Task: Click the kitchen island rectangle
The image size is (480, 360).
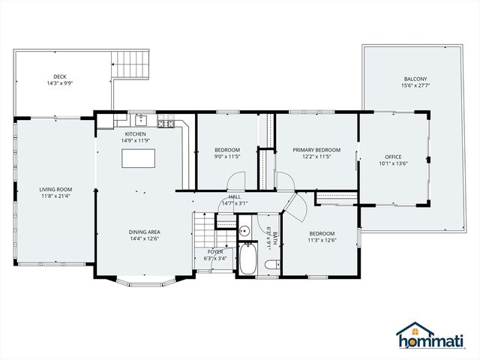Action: point(139,158)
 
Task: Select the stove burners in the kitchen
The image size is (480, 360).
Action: point(166,122)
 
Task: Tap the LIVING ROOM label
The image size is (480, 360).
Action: point(55,189)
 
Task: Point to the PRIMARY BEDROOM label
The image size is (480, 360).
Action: point(316,150)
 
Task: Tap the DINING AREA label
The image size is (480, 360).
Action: point(143,232)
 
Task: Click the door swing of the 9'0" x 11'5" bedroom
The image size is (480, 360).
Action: point(236,181)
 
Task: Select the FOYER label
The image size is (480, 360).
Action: point(215,252)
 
